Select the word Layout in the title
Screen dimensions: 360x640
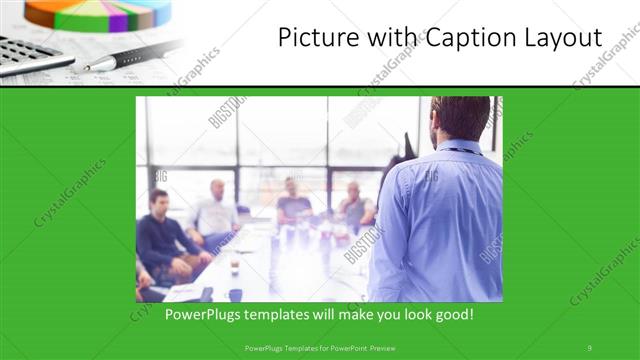pos(563,38)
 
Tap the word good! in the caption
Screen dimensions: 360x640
pos(453,315)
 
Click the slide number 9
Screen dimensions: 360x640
pos(589,347)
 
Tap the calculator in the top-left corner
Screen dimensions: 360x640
pos(30,55)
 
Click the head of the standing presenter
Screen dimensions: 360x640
pos(460,118)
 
